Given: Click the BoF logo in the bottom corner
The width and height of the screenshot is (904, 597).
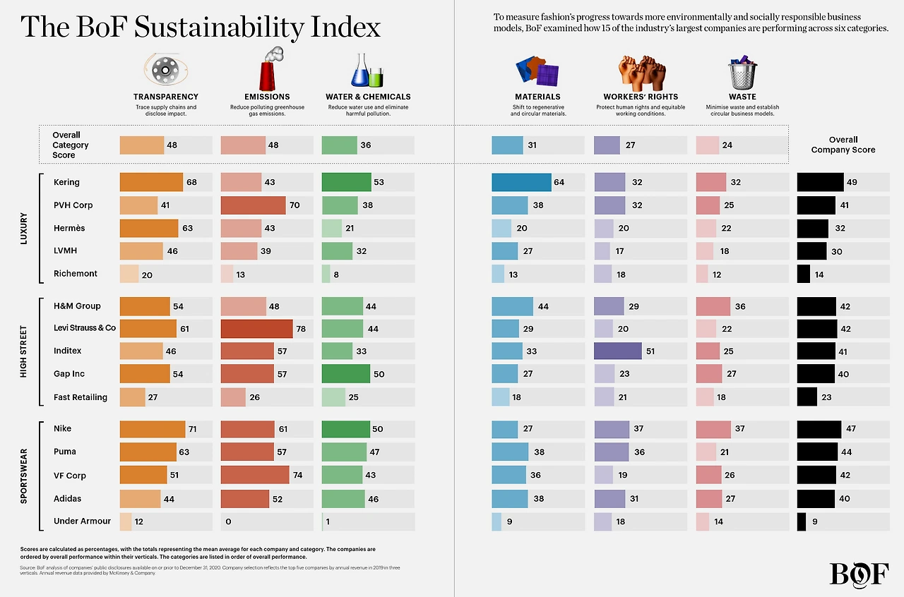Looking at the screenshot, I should (x=859, y=573).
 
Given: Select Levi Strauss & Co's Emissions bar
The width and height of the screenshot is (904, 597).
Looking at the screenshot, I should (x=256, y=328).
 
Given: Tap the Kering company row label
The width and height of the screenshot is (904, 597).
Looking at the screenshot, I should (x=67, y=182).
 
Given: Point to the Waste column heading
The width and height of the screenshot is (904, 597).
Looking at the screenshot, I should (x=742, y=97).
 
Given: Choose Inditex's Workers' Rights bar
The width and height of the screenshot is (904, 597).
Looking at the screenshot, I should (x=618, y=351).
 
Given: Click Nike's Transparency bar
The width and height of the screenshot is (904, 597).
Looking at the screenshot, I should (x=153, y=429).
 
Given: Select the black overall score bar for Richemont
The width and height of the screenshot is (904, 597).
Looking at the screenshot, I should (x=804, y=274).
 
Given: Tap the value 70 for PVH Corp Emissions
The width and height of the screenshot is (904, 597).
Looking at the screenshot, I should (x=295, y=205).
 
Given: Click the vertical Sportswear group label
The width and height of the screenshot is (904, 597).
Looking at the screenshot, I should (x=24, y=476).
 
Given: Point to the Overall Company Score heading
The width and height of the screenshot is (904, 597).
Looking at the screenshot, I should (x=843, y=145).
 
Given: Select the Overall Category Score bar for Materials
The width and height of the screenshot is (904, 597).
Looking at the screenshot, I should (x=507, y=145).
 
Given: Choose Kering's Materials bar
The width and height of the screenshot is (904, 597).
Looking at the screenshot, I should (x=521, y=182).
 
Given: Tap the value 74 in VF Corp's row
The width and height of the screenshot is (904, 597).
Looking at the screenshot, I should (x=297, y=476).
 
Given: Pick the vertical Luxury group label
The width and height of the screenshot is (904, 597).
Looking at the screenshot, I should (x=24, y=228).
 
